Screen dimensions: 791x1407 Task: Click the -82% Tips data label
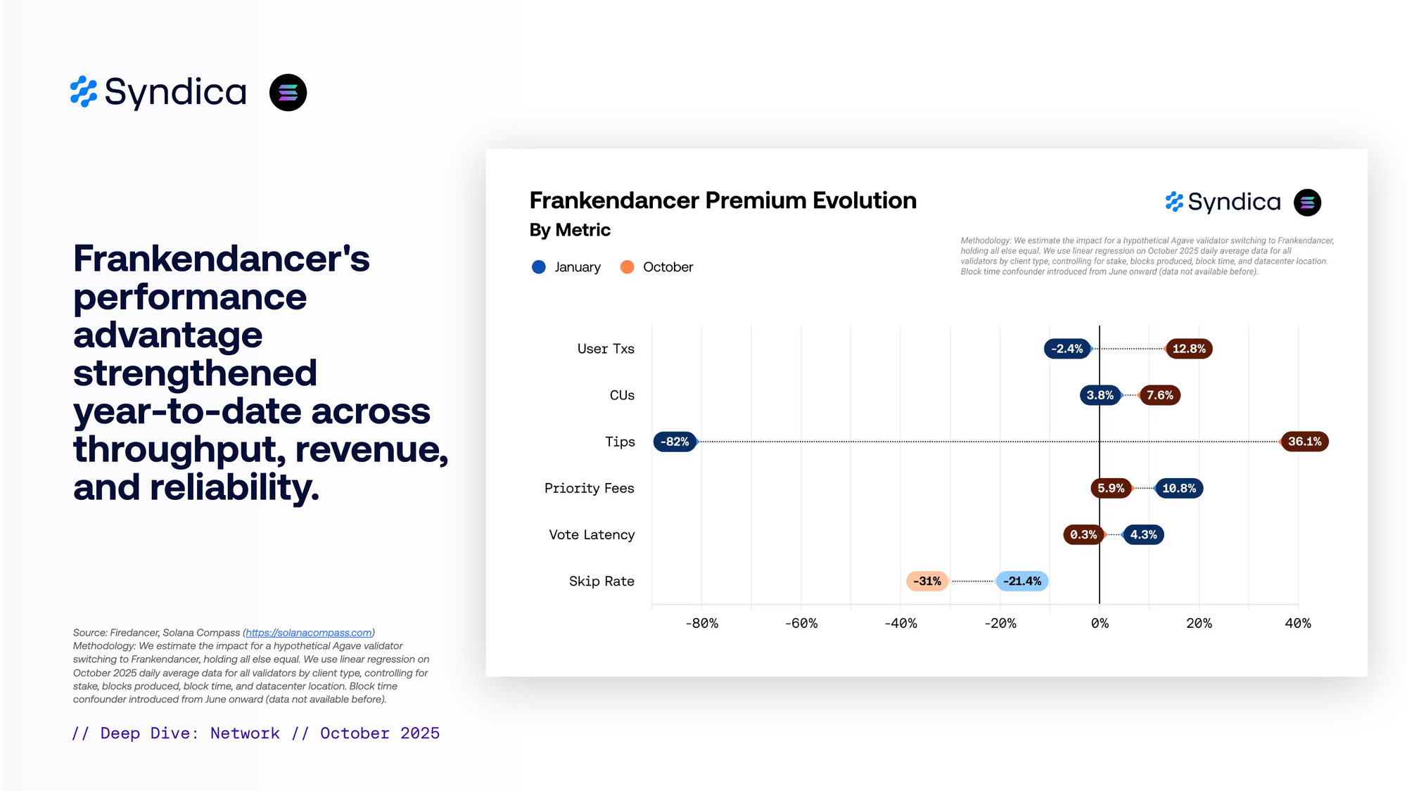tap(675, 442)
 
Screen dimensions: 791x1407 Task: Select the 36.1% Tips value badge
tap(1304, 442)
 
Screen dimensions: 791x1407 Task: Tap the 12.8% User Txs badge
tap(1189, 349)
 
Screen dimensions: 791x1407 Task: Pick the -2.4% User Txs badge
tap(1067, 349)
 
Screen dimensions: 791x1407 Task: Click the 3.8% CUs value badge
tap(1100, 395)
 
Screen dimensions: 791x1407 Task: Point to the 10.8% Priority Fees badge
tap(1179, 488)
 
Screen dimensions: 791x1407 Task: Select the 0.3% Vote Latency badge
tap(1083, 534)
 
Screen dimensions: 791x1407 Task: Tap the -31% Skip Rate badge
tap(927, 581)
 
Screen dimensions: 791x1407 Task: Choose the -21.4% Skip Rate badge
tap(1022, 581)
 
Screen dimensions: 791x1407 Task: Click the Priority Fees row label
tap(589, 488)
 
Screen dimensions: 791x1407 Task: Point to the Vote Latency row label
tap(592, 534)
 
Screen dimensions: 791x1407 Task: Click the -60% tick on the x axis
tap(801, 624)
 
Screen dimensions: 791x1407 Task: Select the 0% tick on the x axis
tap(1100, 624)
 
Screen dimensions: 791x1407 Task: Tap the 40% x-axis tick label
tap(1298, 624)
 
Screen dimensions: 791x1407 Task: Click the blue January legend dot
tap(539, 267)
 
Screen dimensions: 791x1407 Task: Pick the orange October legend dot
tap(627, 267)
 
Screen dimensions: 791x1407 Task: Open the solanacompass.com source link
tap(309, 633)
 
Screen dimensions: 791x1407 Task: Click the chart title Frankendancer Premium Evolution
tap(722, 200)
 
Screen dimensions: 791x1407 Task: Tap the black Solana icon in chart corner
tap(1307, 202)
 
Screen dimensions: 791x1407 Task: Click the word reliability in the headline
tap(234, 487)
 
